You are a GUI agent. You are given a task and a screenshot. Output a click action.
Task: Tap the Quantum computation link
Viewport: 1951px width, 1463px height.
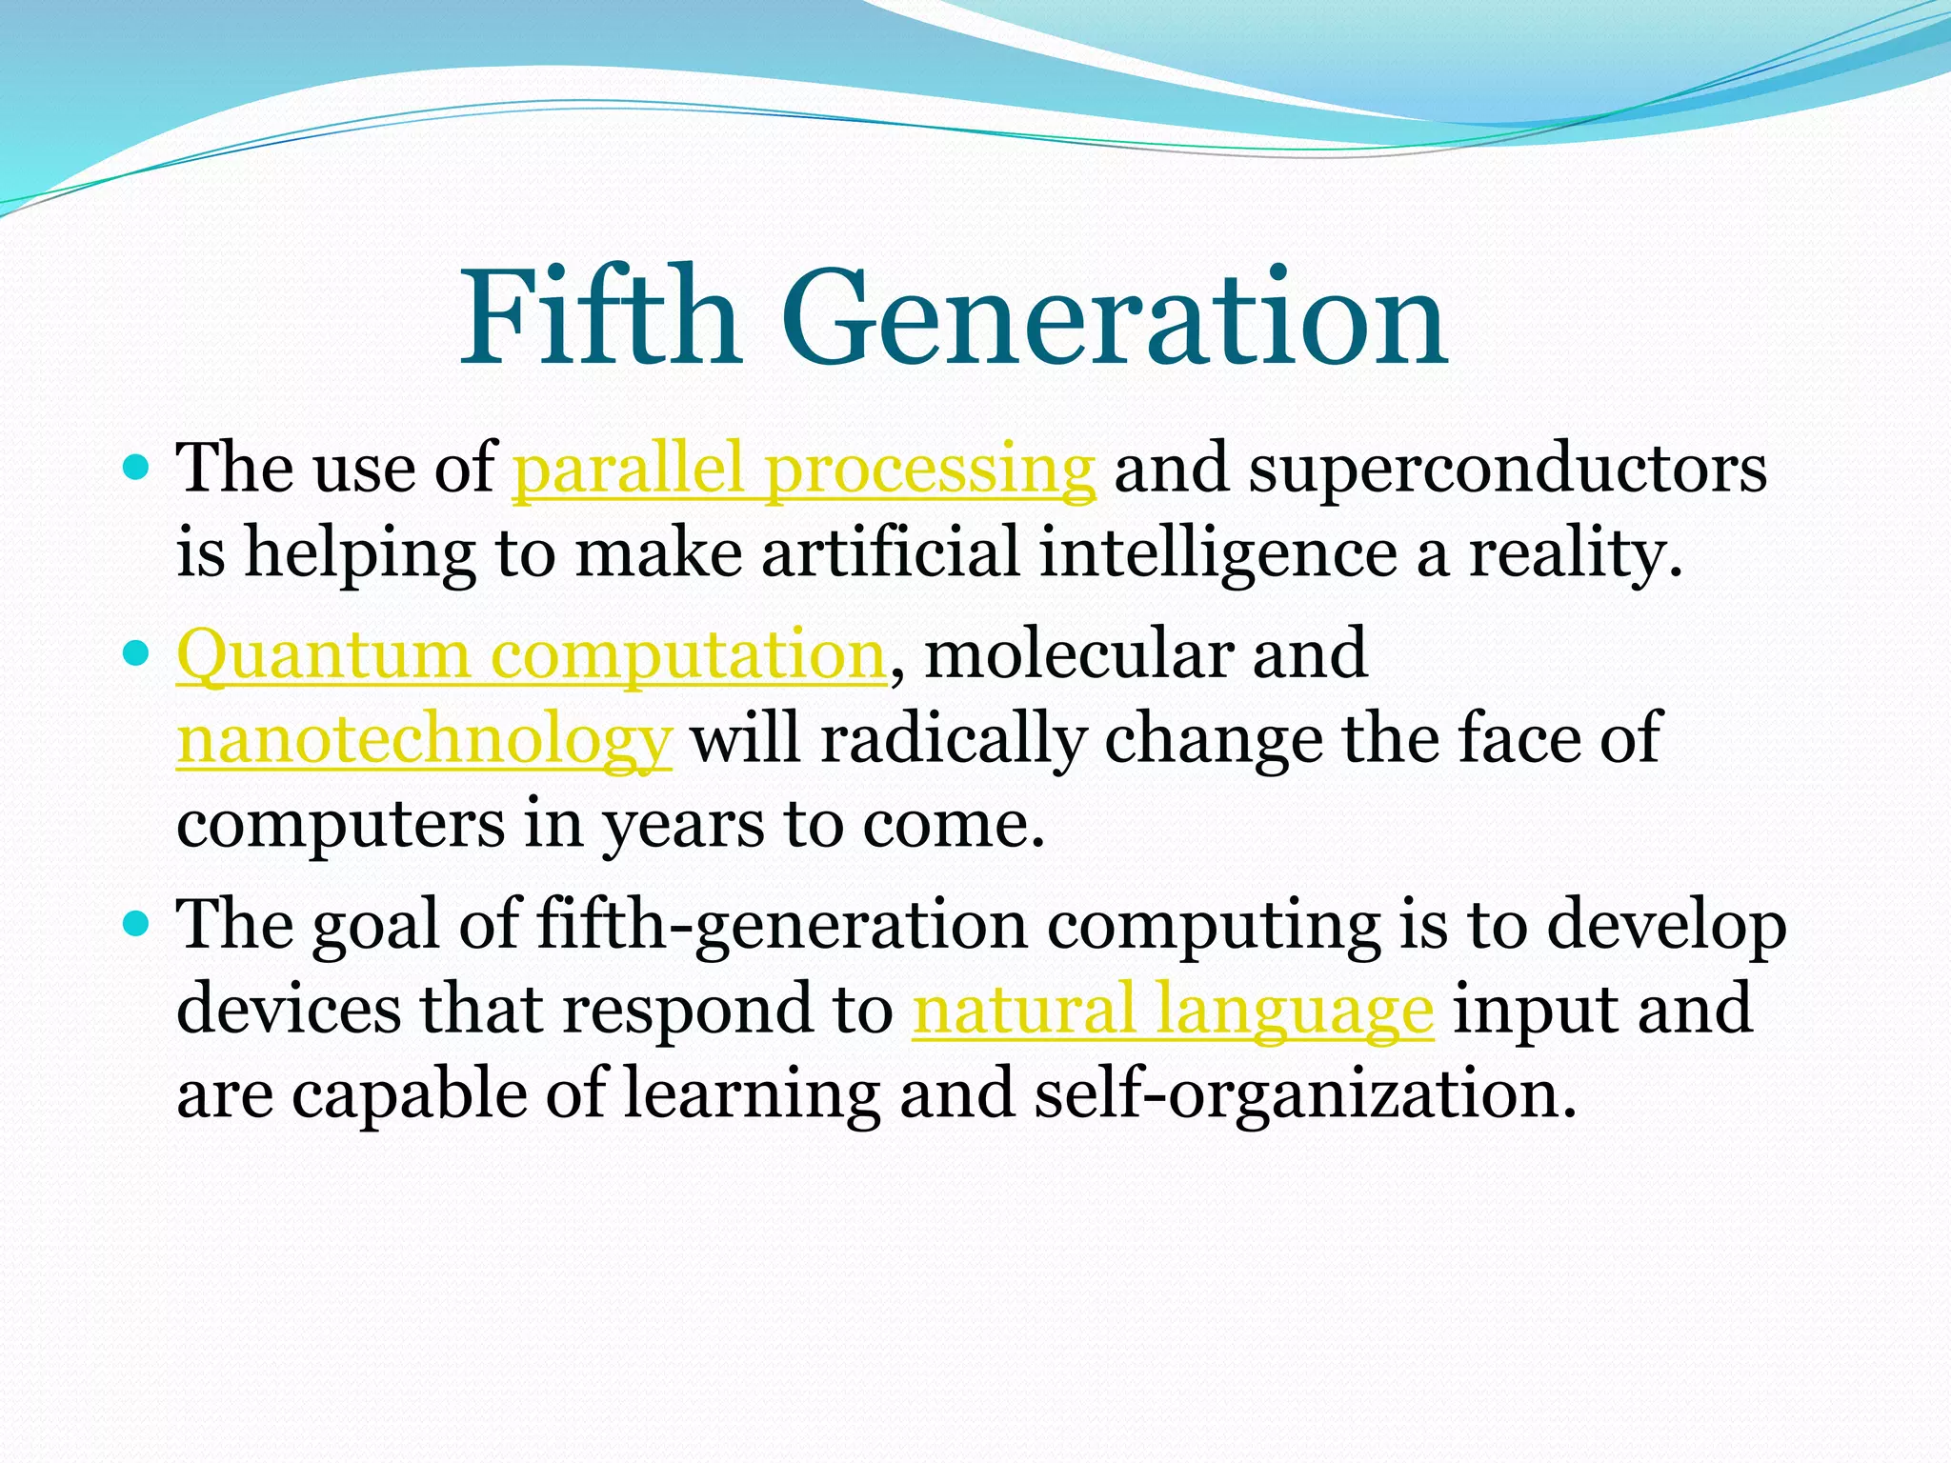532,655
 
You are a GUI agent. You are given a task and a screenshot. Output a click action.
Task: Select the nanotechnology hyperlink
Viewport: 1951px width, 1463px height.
424,739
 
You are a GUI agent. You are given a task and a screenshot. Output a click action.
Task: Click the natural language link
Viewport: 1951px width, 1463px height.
1172,1010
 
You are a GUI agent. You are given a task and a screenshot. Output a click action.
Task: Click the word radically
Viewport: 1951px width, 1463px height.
952,739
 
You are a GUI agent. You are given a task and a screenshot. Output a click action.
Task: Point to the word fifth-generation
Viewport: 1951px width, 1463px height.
782,926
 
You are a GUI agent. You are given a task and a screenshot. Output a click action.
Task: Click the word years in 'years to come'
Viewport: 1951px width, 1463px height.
683,825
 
